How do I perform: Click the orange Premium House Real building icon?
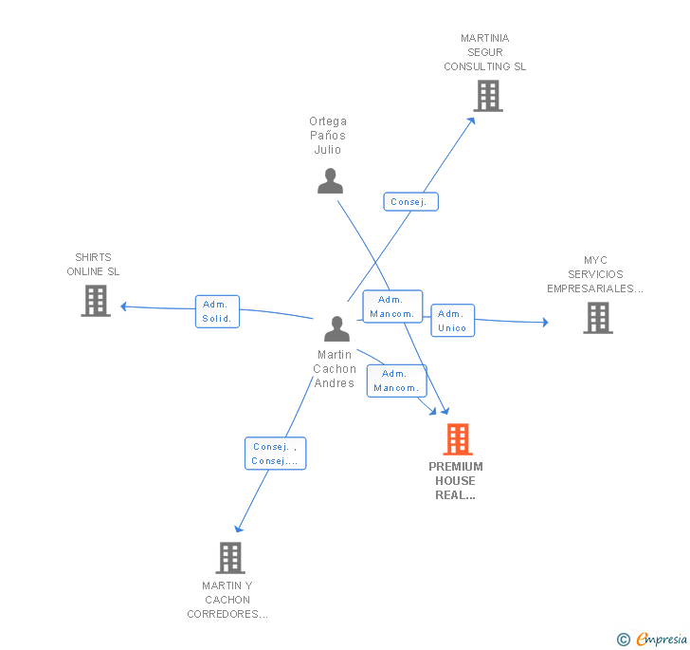point(458,439)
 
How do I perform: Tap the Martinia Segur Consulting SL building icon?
point(487,96)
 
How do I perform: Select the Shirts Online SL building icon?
point(96,301)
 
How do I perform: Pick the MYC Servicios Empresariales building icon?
point(598,318)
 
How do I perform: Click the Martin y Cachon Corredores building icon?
point(230,558)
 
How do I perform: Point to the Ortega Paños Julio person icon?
point(330,180)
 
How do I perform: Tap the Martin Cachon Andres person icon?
point(336,328)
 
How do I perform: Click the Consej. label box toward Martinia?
point(410,202)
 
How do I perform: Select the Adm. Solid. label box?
point(217,311)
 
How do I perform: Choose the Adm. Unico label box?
point(452,321)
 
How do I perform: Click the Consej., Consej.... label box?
point(275,454)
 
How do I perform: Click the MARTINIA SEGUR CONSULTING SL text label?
point(485,53)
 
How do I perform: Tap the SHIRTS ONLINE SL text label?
point(93,265)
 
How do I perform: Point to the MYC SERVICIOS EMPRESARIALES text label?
point(595,274)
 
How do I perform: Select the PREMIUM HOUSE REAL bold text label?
point(456,480)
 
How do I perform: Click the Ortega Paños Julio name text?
point(328,135)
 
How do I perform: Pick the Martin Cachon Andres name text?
point(335,369)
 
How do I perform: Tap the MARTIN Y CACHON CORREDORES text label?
point(227,600)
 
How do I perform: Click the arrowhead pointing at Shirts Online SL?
point(124,306)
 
